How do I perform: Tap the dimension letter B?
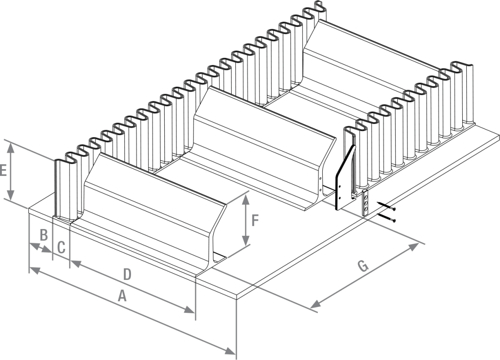point(44,234)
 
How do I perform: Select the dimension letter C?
point(62,247)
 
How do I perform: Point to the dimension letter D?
point(127,274)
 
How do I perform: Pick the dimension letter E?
point(3,171)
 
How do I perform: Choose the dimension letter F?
point(255,220)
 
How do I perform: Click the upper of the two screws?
point(386,207)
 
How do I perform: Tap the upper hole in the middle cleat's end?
point(320,178)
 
